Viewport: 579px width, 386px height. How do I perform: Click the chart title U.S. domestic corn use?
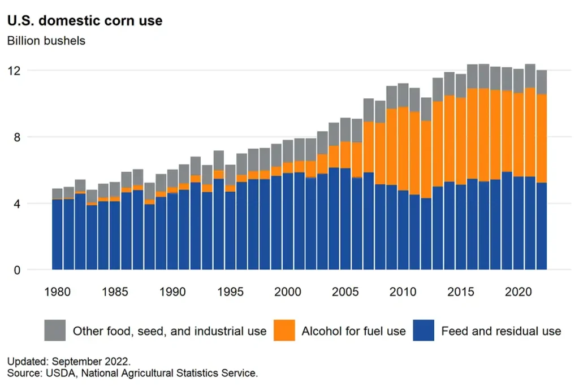(84, 21)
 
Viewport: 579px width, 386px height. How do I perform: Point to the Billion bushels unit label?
(46, 41)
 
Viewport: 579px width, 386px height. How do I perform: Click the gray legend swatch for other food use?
(55, 331)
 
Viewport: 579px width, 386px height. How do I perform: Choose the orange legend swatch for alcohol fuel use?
(284, 331)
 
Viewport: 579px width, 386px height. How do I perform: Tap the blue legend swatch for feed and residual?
(424, 331)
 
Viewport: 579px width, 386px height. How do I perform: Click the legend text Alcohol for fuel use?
(353, 331)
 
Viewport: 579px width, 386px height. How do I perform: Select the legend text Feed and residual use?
(501, 331)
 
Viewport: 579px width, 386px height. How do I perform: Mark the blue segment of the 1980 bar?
(57, 235)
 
